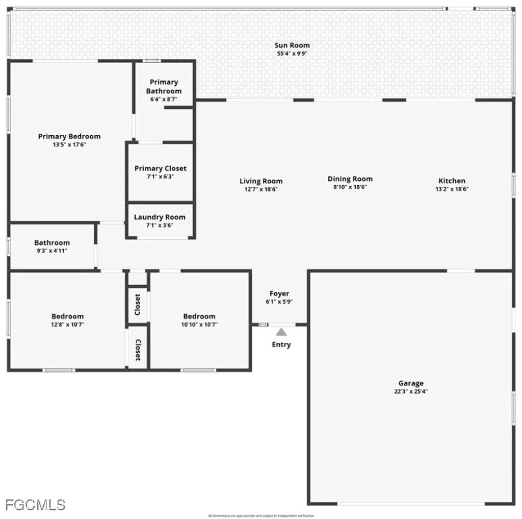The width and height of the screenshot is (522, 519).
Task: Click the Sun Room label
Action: pos(292,45)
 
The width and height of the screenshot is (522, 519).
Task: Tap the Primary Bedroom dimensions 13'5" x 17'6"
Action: pos(69,145)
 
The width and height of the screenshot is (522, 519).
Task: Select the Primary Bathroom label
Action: pos(164,86)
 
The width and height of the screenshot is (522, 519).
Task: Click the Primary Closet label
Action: pos(160,168)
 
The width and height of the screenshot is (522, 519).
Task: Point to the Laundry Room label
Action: pos(160,217)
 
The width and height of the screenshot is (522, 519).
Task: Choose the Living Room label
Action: pos(261,181)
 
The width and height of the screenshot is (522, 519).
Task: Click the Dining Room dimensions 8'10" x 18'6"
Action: pos(350,187)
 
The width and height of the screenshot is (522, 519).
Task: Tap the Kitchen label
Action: pos(452,181)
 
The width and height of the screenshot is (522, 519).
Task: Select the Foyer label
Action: pos(279,293)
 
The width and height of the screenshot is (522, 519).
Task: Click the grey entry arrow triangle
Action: pos(281,332)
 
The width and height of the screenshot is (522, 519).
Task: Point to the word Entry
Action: pos(281,344)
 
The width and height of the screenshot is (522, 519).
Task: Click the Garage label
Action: pos(411,383)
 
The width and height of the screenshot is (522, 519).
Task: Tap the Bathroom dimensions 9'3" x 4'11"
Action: pos(52,251)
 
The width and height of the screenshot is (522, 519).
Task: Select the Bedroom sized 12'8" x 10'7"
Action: pos(67,316)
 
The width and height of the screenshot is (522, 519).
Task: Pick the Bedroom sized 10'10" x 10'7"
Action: pos(199,316)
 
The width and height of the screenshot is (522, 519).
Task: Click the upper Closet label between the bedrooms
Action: pos(138,305)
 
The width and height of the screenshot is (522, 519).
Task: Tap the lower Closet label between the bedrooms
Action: pos(138,350)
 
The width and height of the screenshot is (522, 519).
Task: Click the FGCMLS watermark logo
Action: pos(35,505)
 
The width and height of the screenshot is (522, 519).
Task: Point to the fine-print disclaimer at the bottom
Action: pos(261,516)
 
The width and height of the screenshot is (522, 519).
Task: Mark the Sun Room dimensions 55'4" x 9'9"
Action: pos(292,53)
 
